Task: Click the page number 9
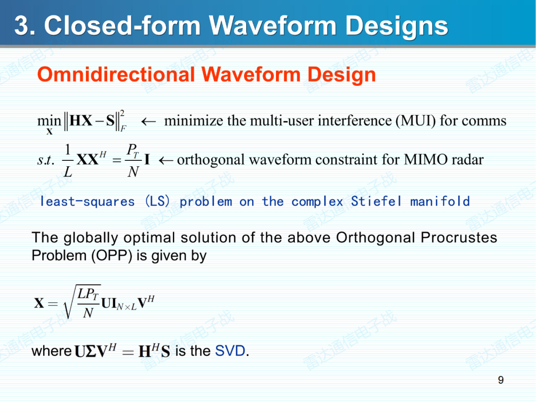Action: coord(501,380)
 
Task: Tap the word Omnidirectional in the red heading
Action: coord(116,75)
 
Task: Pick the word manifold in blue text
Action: coord(440,201)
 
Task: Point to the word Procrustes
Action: coord(459,238)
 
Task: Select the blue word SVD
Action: coord(230,351)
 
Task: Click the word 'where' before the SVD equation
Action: coord(52,351)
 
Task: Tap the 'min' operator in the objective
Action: coord(49,121)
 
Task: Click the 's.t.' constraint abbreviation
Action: coord(46,160)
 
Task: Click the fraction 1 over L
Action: coord(68,160)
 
